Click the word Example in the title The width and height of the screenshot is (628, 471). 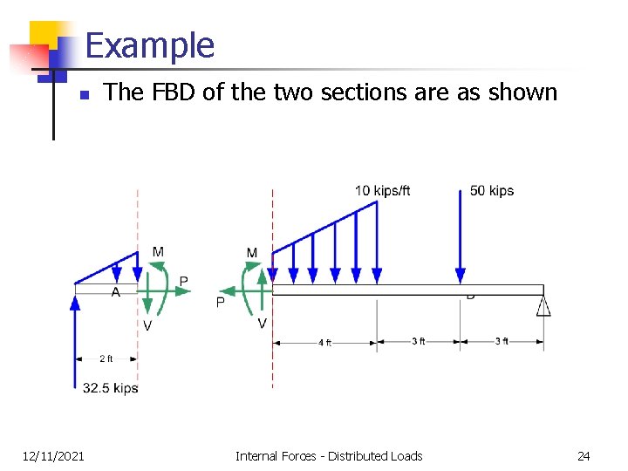(150, 45)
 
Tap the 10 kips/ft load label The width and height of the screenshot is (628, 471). (382, 191)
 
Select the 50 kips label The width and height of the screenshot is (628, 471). (492, 191)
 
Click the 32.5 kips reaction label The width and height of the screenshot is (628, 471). (111, 388)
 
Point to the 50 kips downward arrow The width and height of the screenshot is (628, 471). (461, 235)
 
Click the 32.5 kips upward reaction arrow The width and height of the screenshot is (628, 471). (76, 340)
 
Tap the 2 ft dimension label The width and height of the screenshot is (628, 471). (106, 358)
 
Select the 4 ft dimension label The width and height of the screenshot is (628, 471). (324, 343)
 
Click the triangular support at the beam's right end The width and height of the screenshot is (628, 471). (543, 304)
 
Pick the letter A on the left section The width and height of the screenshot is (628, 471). (116, 293)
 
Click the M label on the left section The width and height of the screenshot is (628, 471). (158, 252)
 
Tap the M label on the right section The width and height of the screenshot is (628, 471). (252, 253)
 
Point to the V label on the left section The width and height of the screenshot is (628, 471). (148, 325)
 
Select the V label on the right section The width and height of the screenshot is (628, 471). (263, 324)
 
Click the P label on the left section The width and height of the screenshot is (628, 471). (183, 281)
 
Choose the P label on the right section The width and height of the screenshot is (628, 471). (220, 303)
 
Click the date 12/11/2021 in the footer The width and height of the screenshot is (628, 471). (53, 455)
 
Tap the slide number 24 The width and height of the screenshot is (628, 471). (584, 455)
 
